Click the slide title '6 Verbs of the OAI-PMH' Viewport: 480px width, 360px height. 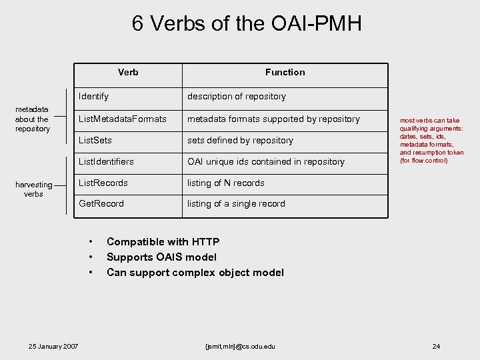(247, 24)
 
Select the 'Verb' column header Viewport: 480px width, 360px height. (128, 72)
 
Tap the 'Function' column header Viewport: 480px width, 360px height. (285, 72)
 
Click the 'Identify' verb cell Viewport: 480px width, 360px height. (94, 97)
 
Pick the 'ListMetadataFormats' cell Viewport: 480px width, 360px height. (123, 119)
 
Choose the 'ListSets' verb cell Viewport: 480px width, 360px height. (95, 141)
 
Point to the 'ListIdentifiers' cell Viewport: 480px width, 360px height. (107, 162)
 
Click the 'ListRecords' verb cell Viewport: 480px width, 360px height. (103, 183)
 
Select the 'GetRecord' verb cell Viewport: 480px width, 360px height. (101, 204)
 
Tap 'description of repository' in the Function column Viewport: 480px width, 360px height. (237, 97)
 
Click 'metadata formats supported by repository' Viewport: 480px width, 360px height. (273, 119)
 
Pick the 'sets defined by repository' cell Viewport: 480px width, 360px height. (240, 141)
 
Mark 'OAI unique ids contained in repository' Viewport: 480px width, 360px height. (266, 162)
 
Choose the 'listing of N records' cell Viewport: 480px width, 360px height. (226, 183)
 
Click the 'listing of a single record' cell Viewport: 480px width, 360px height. (236, 204)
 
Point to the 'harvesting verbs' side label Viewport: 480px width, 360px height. (33, 189)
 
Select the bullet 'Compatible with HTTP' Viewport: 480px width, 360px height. (163, 242)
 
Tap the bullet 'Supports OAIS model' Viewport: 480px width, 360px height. (161, 257)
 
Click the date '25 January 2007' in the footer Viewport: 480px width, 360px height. (53, 346)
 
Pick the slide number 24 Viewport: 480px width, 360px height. (436, 346)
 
